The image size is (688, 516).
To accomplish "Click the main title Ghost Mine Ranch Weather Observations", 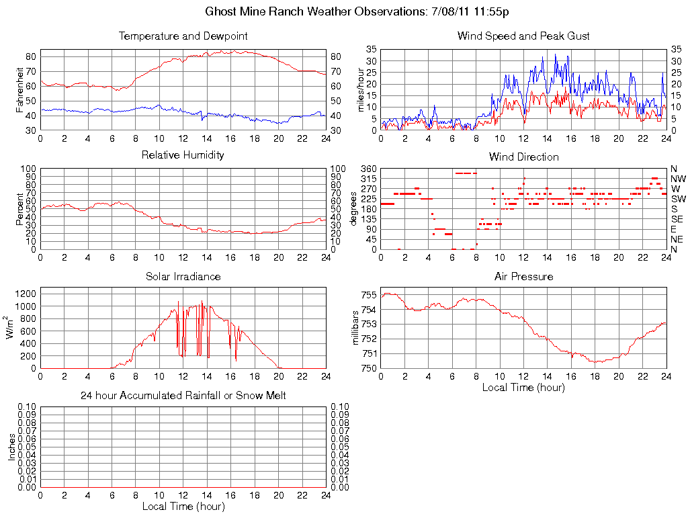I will point(357,11).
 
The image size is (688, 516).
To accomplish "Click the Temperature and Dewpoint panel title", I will point(183,36).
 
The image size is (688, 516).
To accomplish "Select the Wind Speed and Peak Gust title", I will point(523,36).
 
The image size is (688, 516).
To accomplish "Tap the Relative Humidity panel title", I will point(183,155).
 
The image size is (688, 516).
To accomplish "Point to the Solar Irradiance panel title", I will point(183,276).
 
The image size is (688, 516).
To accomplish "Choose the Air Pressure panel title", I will point(523,276).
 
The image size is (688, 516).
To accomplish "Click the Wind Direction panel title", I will point(523,157).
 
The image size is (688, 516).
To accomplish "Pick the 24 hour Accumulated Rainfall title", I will point(183,396).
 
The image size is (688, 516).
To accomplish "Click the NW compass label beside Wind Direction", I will point(678,179).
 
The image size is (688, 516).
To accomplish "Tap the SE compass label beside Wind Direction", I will point(677,219).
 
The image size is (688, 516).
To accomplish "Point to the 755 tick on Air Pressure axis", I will point(368,295).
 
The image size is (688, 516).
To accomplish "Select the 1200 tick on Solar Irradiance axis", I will point(25,294).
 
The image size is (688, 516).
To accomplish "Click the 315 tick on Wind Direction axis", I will point(368,179).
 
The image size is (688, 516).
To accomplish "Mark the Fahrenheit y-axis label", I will point(20,89).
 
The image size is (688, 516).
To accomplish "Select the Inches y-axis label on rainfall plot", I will point(11,446).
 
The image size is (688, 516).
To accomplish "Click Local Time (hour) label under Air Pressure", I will point(523,387).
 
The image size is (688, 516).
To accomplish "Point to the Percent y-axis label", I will point(20,209).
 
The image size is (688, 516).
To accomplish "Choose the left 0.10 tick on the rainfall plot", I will point(28,406).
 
